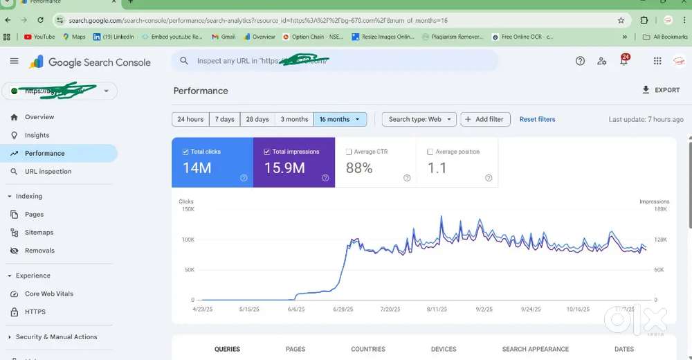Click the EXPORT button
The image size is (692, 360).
point(661,90)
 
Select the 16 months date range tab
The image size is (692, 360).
point(339,119)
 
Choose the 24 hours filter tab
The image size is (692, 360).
point(190,119)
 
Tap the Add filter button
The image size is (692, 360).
point(485,119)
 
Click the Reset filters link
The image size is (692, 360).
point(537,119)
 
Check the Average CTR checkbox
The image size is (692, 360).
point(349,152)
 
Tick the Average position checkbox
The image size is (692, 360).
point(430,152)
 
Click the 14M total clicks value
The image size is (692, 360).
point(197,168)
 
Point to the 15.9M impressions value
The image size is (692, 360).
point(284,168)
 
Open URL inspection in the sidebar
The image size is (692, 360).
point(48,171)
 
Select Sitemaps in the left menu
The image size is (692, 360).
point(39,233)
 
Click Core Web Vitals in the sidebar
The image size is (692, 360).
point(48,294)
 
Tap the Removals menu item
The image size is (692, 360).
point(39,251)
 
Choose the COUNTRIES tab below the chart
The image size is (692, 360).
point(368,349)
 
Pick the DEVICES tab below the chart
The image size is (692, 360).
point(444,349)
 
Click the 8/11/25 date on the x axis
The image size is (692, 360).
point(437,309)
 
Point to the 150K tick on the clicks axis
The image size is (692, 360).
point(187,209)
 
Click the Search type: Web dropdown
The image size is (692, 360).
point(419,119)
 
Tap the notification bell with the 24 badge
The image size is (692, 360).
point(623,61)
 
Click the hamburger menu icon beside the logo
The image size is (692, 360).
point(14,62)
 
